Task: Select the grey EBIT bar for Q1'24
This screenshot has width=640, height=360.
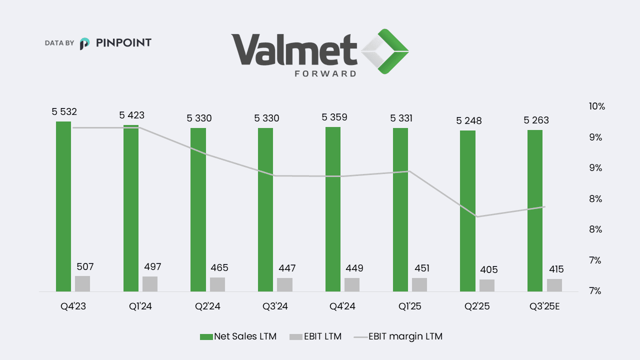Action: pyautogui.click(x=150, y=283)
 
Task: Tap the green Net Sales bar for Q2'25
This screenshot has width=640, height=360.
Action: pyautogui.click(x=468, y=210)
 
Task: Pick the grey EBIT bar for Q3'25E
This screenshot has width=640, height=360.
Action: pyautogui.click(x=554, y=285)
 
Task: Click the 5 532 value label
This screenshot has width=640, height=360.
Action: pyautogui.click(x=64, y=111)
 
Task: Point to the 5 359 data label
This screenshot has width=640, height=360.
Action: pyautogui.click(x=334, y=117)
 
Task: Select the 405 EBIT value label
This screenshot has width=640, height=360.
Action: pyautogui.click(x=488, y=270)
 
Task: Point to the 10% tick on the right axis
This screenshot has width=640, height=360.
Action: pyautogui.click(x=597, y=106)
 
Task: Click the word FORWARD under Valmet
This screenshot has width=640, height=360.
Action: pyautogui.click(x=321, y=73)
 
